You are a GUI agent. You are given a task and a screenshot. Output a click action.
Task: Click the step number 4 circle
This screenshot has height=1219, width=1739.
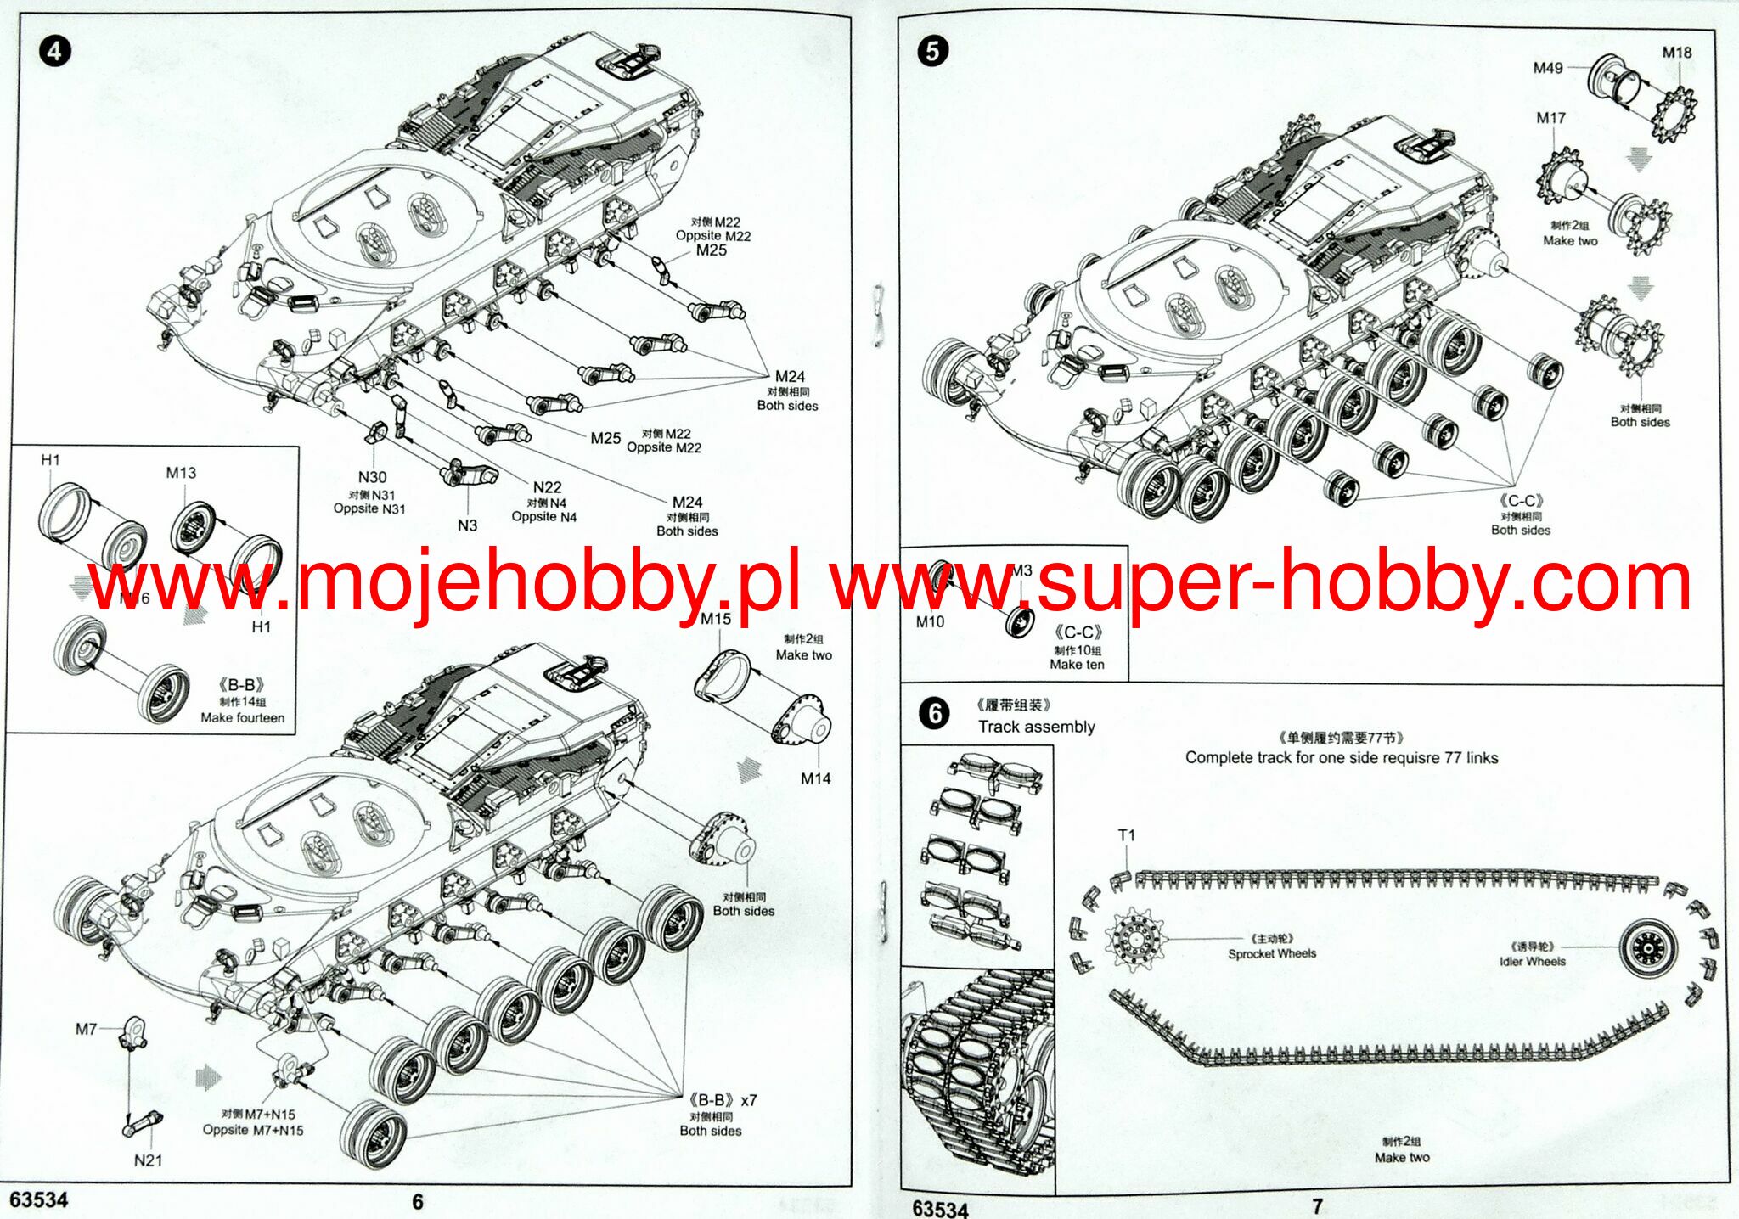[x=54, y=52]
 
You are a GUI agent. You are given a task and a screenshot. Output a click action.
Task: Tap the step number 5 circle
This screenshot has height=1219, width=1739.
[x=932, y=52]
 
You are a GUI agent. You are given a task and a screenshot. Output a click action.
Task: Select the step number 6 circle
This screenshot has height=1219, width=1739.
[x=935, y=713]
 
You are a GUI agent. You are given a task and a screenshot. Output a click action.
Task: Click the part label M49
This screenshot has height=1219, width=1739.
[x=1548, y=68]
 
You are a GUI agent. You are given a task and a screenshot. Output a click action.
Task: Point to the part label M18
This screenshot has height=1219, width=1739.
[x=1676, y=53]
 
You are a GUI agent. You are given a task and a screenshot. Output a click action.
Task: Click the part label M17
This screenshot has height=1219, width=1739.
[x=1550, y=118]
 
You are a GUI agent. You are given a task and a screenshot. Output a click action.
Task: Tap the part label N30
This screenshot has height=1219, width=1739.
[x=372, y=478]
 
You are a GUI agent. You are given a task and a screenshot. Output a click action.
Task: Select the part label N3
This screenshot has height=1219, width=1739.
[x=467, y=525]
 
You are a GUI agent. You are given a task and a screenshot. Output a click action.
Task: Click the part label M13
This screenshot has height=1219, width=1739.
[x=181, y=473]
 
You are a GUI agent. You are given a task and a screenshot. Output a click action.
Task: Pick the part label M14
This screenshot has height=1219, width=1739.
[x=816, y=778]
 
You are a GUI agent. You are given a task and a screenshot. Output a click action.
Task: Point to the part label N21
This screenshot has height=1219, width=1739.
[x=148, y=1160]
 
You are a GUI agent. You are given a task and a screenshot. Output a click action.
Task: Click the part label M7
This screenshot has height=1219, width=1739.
[x=86, y=1030]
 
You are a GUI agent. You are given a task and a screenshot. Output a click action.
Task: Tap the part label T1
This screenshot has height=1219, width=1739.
[x=1127, y=835]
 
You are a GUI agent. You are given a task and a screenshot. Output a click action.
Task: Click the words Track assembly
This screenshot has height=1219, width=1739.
[x=1036, y=727]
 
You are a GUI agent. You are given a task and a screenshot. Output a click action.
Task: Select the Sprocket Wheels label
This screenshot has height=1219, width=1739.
[x=1271, y=954]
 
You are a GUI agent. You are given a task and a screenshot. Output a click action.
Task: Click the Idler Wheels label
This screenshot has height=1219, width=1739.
[x=1532, y=962]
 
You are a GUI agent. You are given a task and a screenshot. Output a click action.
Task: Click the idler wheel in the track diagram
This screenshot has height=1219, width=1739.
[x=1648, y=947]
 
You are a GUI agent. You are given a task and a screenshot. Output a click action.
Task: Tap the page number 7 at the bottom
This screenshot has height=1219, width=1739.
[x=1317, y=1205]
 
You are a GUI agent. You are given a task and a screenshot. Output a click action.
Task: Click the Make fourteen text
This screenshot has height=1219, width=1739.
[x=242, y=718]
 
